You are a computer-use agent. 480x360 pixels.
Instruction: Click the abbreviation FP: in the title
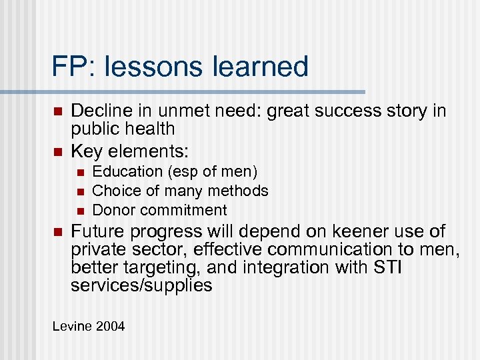coord(73,67)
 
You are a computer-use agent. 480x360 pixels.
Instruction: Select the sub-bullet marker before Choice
coord(79,192)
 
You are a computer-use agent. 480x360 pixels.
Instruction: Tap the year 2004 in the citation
coord(109,327)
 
